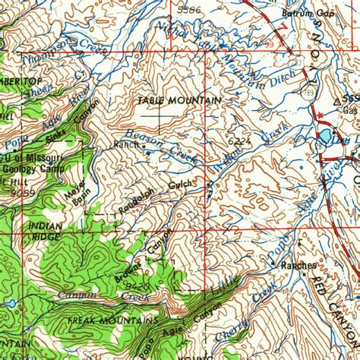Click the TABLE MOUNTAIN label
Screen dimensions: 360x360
[x=179, y=100]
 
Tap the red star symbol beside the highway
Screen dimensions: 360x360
[x=322, y=115]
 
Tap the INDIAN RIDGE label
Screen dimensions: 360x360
[x=44, y=232]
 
